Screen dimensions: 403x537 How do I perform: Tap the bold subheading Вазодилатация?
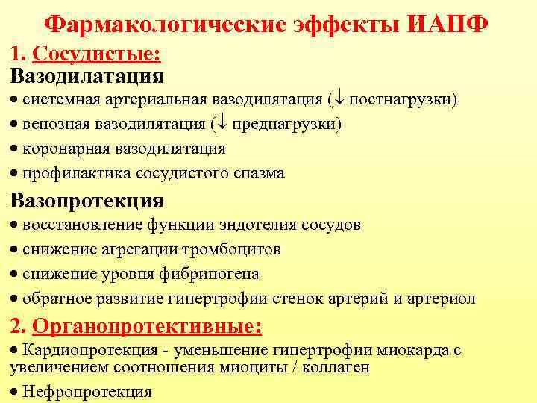(x=87, y=75)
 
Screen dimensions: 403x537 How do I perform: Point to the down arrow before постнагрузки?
(x=337, y=100)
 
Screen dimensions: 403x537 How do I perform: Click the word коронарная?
(x=66, y=149)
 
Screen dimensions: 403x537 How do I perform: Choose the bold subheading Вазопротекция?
(x=87, y=201)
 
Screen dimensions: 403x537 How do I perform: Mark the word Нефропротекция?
(x=87, y=392)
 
